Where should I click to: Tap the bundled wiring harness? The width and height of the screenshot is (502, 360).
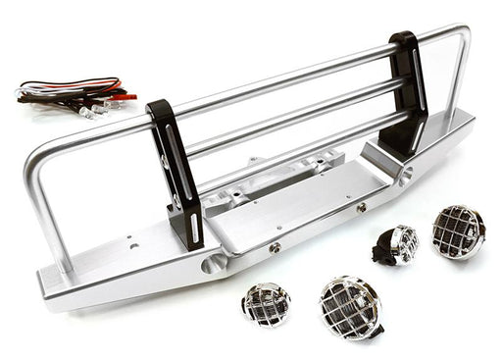(x=69, y=93)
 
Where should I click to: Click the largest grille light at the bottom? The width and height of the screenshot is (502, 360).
(x=349, y=307)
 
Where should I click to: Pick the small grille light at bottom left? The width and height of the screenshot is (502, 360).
(x=266, y=305)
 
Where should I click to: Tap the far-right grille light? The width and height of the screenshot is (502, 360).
(x=457, y=231)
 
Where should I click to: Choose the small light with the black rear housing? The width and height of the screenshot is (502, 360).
(x=398, y=245)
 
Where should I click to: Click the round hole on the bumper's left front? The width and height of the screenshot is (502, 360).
(x=214, y=264)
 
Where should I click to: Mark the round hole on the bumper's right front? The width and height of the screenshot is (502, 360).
(x=405, y=176)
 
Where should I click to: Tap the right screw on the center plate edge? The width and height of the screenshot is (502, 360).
(x=362, y=207)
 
